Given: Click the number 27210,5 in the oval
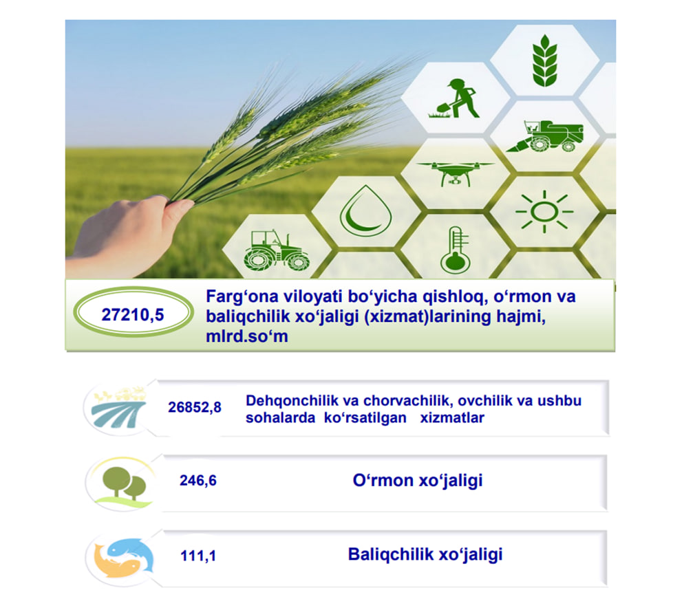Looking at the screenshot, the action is pos(133,315).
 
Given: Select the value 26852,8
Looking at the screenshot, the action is pos(195,406).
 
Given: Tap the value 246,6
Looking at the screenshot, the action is pos(198,480).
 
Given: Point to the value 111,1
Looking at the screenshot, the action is pos(198,556).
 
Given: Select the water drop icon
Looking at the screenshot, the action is pos(365,210).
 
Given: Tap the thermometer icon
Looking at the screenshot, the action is pos(455,250).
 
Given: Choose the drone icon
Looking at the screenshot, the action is pos(455,173).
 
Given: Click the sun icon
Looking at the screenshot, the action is pos(544,212).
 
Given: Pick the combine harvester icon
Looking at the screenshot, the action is pos(545,136).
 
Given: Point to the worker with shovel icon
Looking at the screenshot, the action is pos(454,98).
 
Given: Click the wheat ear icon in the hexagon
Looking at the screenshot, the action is pos(545,61).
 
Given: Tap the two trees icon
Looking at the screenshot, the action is pos(125,484).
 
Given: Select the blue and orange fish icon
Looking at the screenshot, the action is pos(124,558).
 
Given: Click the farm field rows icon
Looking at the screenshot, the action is pos(119,409).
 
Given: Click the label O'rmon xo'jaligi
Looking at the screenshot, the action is pos(418,480).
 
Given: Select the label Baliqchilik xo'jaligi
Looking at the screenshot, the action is pos(425,554).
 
